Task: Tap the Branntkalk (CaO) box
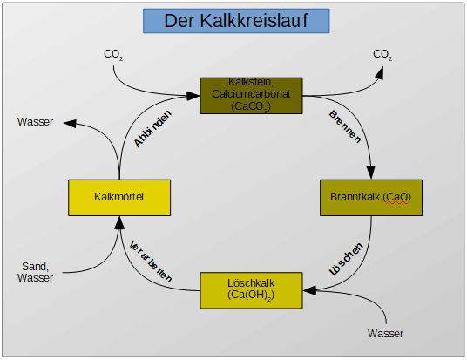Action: [372, 197]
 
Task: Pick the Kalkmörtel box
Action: [117, 197]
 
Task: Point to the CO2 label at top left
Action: [113, 54]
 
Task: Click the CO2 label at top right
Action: [382, 54]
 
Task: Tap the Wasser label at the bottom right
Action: [385, 333]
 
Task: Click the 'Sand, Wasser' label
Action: [35, 272]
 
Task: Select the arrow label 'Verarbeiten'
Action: [151, 259]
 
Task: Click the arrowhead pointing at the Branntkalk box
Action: [372, 173]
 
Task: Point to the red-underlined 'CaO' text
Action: [399, 197]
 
